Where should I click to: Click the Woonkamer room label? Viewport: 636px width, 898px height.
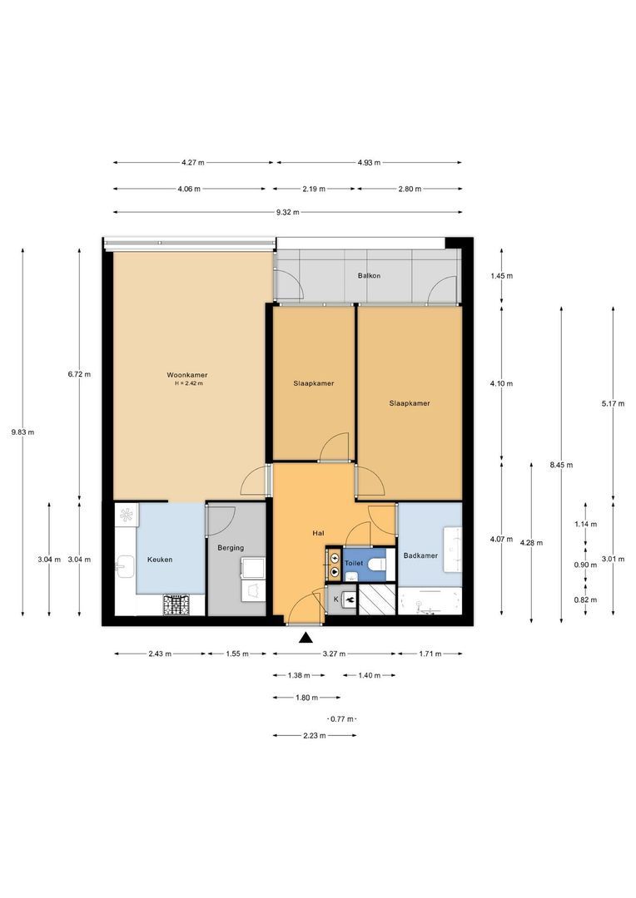(x=187, y=375)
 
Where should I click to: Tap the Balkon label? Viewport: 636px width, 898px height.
(x=369, y=275)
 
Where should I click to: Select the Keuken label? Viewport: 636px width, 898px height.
(x=160, y=560)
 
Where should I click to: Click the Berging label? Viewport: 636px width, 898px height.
(x=231, y=548)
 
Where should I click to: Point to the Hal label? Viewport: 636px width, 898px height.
(x=318, y=533)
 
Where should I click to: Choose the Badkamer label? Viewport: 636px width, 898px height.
(x=420, y=555)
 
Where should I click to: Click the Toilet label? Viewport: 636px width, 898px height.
(x=353, y=564)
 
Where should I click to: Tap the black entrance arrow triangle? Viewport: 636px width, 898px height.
(x=305, y=638)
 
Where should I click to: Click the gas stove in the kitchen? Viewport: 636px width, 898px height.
(x=176, y=604)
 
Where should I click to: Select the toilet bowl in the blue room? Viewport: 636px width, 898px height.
(x=377, y=565)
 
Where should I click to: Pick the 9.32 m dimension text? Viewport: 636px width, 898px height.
(x=287, y=213)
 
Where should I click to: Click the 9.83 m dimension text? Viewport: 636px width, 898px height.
(x=22, y=432)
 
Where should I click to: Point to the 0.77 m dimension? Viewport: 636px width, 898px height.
(x=342, y=719)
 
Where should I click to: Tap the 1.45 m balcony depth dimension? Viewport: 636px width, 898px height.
(x=502, y=276)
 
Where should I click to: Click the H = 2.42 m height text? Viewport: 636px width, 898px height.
(x=189, y=383)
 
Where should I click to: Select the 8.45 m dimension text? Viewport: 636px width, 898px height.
(x=561, y=465)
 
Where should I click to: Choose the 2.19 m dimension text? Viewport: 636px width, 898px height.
(x=314, y=189)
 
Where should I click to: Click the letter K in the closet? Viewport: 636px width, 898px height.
(x=336, y=599)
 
